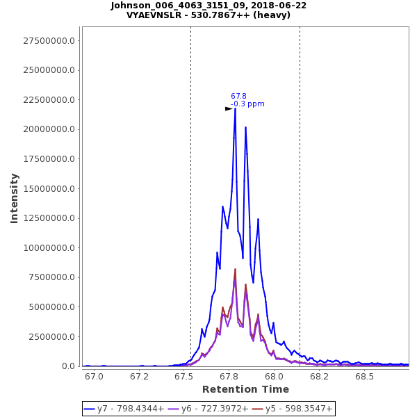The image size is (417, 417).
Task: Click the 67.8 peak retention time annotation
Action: [238, 97]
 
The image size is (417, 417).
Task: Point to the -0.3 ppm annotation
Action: [247, 104]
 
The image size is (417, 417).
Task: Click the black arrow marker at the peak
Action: [229, 108]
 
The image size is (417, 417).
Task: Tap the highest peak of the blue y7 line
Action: [235, 108]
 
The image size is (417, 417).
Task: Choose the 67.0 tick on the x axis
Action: [95, 376]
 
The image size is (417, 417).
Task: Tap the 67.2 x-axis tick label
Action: [140, 376]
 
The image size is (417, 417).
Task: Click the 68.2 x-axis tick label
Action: [320, 376]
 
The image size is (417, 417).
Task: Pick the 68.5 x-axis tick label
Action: [365, 376]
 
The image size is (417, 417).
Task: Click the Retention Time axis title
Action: [245, 389]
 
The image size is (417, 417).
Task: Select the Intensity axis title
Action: [15, 198]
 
